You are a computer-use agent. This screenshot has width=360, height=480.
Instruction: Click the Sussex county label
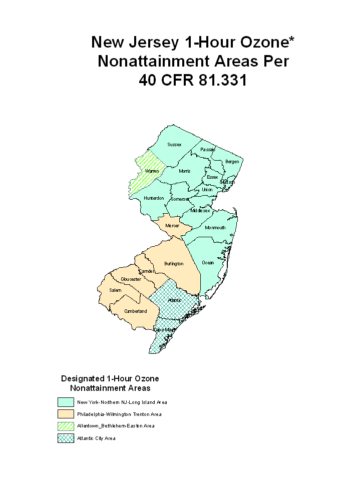(x=174, y=145)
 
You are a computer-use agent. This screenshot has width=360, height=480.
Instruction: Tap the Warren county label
(x=152, y=171)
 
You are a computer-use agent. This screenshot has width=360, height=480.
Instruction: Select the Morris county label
(x=184, y=171)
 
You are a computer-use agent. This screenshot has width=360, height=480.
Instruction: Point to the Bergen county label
(x=232, y=162)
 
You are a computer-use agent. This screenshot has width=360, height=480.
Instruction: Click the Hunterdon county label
(x=154, y=198)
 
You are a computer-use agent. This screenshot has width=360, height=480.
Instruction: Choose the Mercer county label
(x=172, y=226)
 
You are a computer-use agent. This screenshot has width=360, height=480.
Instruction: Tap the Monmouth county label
(x=215, y=228)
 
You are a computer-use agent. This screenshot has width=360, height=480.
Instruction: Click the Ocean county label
(x=207, y=263)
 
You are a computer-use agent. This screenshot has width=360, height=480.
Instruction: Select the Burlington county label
(x=174, y=264)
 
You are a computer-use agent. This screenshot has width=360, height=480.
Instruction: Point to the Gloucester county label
(x=131, y=279)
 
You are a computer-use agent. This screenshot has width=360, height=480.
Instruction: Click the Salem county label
(x=115, y=290)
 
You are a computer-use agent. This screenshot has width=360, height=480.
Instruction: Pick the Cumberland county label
(x=136, y=311)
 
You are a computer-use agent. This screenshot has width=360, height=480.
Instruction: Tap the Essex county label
(x=212, y=177)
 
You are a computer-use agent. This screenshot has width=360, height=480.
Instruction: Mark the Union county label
(x=207, y=190)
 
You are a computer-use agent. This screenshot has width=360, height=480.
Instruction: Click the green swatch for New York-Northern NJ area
(x=66, y=402)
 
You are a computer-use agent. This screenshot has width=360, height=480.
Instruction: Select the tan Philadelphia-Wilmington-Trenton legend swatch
(x=66, y=414)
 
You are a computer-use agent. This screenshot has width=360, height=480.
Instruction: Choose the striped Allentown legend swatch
(x=66, y=426)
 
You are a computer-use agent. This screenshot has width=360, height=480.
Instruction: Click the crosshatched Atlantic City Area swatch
(x=66, y=438)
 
